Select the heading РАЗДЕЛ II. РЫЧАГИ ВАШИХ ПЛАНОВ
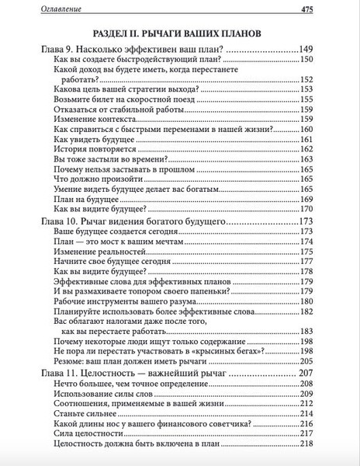click(180, 33)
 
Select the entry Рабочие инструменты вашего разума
click(127, 301)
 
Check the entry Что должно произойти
click(100, 177)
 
